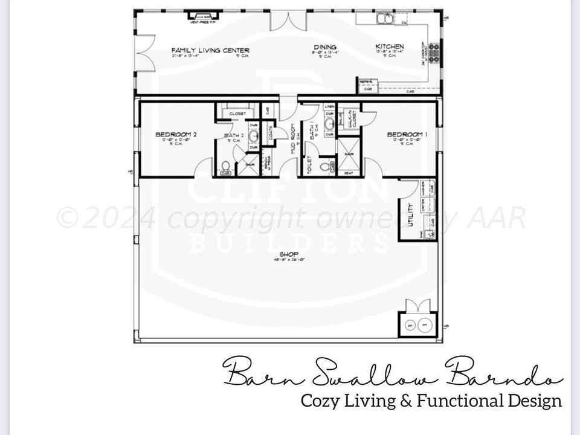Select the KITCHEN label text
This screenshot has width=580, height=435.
coord(390,47)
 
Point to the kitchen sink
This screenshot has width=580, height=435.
coord(384,18)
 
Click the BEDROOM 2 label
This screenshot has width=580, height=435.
coord(176,134)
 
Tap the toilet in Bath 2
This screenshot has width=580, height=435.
coord(225,166)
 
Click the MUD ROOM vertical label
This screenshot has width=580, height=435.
coord(292,138)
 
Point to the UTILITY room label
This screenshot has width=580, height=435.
coord(411,214)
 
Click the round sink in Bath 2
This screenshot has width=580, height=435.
coord(254,135)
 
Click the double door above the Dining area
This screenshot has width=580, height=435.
coord(284,21)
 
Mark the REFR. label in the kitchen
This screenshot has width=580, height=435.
coord(365,82)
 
